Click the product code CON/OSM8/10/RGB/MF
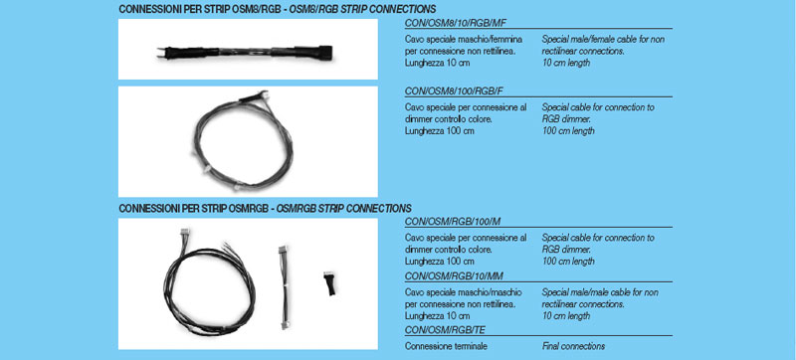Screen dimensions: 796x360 click(454, 23)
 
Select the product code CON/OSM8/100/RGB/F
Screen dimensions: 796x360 click(454, 91)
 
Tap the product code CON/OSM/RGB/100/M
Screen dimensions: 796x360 click(453, 222)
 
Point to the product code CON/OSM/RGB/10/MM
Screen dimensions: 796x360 click(454, 276)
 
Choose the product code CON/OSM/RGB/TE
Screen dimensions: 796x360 click(445, 330)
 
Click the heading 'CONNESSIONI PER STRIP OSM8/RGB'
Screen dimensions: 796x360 click(200, 10)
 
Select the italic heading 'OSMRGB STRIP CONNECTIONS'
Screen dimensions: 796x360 click(343, 209)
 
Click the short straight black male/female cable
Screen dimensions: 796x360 click(245, 53)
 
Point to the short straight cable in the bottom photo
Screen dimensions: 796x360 click(283, 287)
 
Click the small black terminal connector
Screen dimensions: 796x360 click(329, 283)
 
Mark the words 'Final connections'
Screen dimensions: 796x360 click(573, 346)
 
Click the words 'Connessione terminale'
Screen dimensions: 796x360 click(446, 346)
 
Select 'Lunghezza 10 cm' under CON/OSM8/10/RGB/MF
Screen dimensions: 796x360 click(437, 63)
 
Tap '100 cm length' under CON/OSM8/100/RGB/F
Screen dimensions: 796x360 click(567, 131)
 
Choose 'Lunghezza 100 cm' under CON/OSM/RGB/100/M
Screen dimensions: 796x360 click(440, 262)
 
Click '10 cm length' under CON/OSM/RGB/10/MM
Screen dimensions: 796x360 click(565, 316)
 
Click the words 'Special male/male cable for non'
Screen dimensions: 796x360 click(600, 292)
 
